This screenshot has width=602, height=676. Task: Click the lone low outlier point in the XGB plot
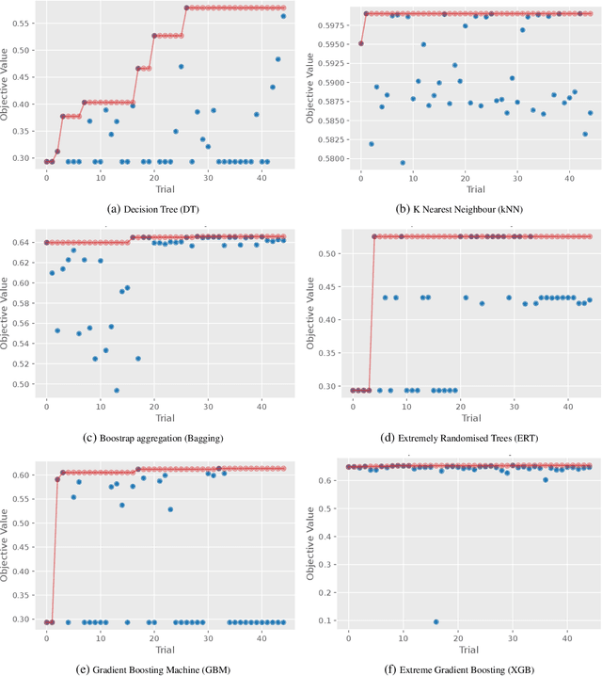[x=436, y=621]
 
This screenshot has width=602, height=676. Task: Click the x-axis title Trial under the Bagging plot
[x=165, y=417]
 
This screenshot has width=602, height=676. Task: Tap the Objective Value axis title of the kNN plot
[x=308, y=89]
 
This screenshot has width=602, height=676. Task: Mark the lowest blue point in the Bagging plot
[x=117, y=390]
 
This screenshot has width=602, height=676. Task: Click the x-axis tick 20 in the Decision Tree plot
[x=154, y=176]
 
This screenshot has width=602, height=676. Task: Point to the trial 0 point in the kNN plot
[x=360, y=43]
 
